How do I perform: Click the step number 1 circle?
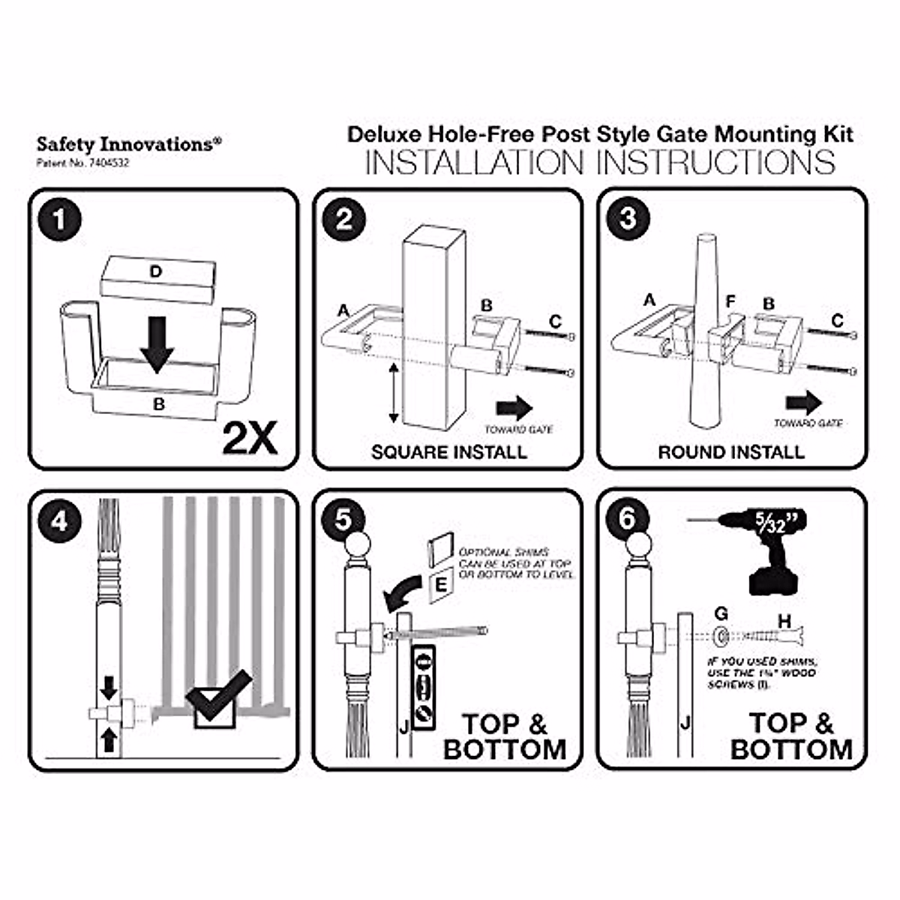[x=61, y=220]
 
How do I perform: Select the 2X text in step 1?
[x=250, y=437]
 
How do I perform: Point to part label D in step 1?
[x=155, y=271]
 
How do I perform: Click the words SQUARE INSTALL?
[x=448, y=452]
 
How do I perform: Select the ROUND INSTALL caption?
[x=731, y=452]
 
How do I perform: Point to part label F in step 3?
[x=730, y=301]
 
